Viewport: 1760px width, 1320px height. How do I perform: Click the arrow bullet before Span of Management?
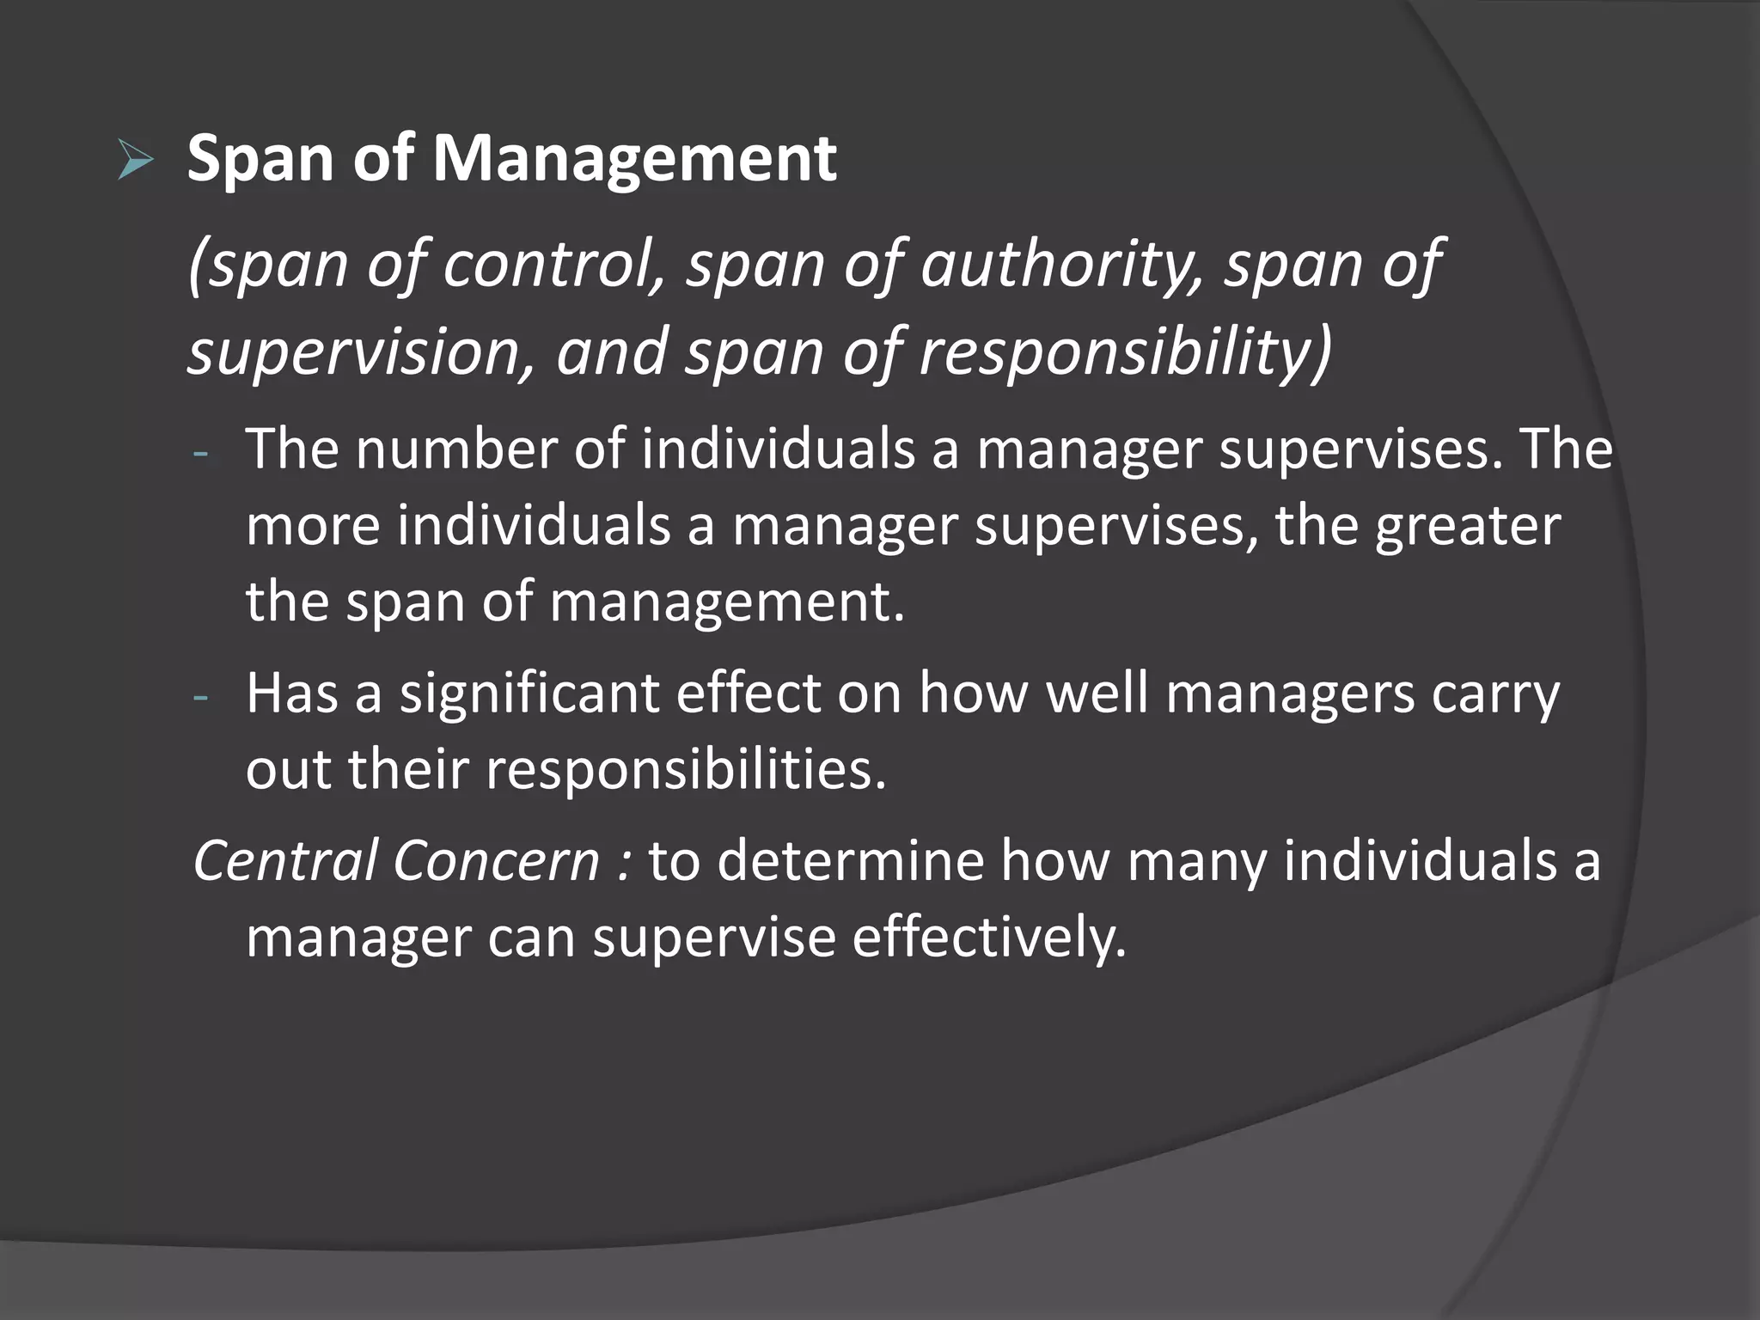pos(135,161)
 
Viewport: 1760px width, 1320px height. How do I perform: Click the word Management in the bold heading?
pos(633,159)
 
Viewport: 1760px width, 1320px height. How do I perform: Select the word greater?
pos(1467,526)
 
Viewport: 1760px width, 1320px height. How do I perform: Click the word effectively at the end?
pos(988,938)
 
